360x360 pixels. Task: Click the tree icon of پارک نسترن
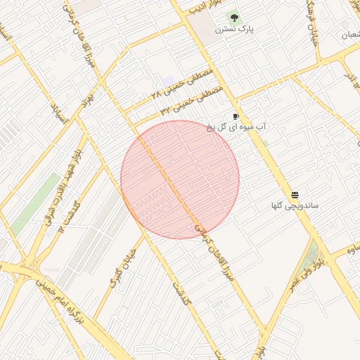click(234, 18)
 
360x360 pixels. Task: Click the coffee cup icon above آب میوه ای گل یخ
click(236, 116)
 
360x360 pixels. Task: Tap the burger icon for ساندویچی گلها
click(295, 195)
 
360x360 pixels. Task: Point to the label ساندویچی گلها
click(295, 206)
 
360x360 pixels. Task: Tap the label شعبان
click(348, 34)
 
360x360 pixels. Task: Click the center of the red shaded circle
click(180, 179)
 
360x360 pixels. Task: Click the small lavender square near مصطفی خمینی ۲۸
click(169, 82)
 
